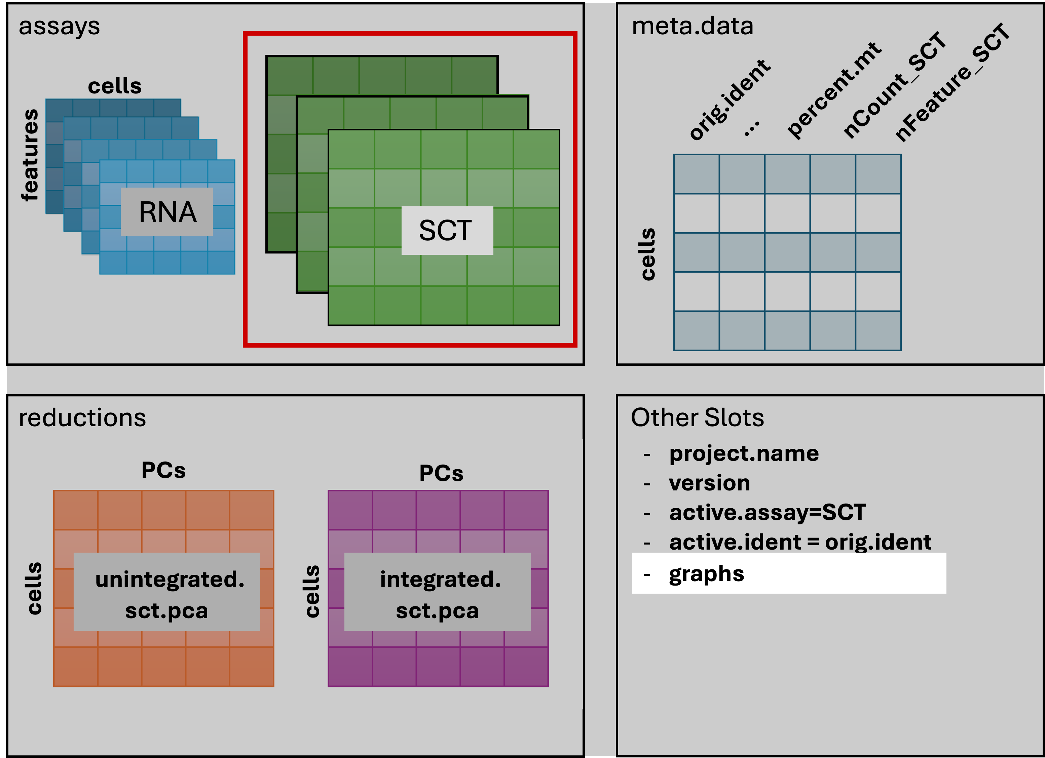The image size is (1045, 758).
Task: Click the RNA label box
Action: point(167,212)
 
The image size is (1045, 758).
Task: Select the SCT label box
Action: point(447,230)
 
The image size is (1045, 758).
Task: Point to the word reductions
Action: point(82,418)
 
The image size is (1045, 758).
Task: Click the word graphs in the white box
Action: point(706,574)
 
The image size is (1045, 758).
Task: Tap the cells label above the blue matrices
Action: point(115,86)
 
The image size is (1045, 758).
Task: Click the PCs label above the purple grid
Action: point(441,473)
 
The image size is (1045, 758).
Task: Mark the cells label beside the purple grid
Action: point(312,591)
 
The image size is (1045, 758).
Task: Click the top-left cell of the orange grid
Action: point(76,510)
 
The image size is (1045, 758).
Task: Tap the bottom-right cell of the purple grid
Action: point(526,667)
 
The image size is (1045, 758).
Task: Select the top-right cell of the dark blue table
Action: point(878,174)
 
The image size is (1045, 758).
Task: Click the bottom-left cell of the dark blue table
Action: point(696,331)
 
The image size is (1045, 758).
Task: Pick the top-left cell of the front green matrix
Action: point(351,149)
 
